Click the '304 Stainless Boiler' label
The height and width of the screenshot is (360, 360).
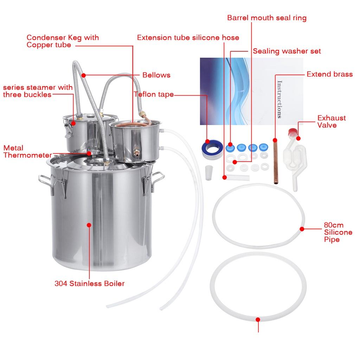[89, 283]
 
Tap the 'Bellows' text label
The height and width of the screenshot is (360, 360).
[156, 75]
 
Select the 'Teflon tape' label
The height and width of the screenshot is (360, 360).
[154, 94]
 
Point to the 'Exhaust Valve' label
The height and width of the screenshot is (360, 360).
[332, 121]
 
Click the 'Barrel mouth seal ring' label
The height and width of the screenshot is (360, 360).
[266, 18]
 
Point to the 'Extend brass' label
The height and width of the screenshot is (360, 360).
[329, 74]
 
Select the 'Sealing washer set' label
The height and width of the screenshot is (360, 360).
[287, 51]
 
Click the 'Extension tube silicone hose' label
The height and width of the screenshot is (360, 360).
[188, 38]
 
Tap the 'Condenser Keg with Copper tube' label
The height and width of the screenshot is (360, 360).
[63, 41]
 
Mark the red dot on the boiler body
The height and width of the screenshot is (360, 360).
[89, 225]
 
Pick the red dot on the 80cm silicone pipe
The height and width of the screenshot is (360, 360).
[302, 229]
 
